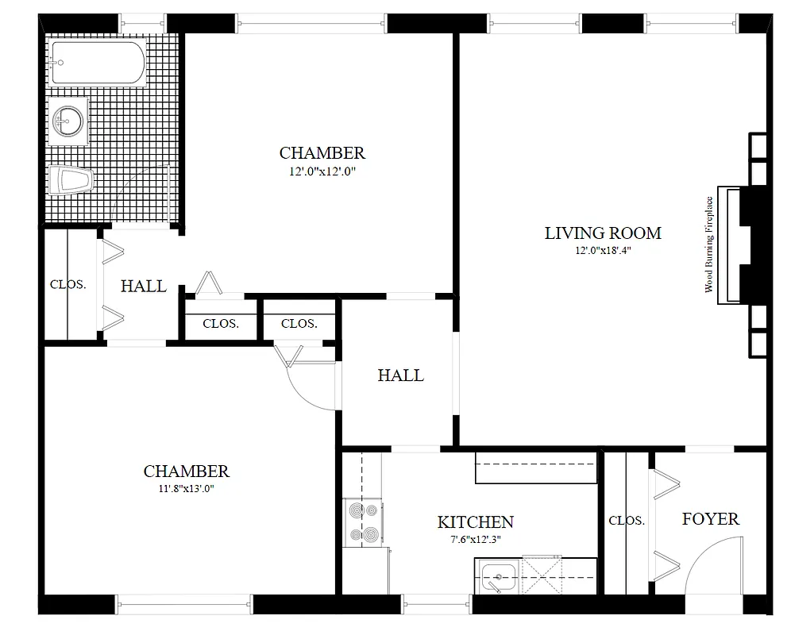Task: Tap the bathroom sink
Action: (x=68, y=121)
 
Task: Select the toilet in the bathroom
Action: (x=70, y=181)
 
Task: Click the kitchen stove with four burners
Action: (x=363, y=524)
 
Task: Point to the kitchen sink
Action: (x=497, y=575)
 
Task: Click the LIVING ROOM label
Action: (x=603, y=233)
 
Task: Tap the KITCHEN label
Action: (x=475, y=522)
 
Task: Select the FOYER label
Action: (x=710, y=519)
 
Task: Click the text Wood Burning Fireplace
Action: (x=709, y=244)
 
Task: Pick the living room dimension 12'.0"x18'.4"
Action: (x=603, y=250)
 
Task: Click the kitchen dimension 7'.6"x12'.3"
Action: (x=475, y=539)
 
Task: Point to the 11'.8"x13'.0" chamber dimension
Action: (x=187, y=489)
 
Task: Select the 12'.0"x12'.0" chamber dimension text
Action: (x=322, y=170)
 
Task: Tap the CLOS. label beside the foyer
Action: (x=626, y=521)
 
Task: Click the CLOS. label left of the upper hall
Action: (x=68, y=284)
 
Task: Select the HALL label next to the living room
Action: (x=400, y=375)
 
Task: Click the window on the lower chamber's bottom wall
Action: (x=184, y=605)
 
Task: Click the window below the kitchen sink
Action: (x=437, y=605)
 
